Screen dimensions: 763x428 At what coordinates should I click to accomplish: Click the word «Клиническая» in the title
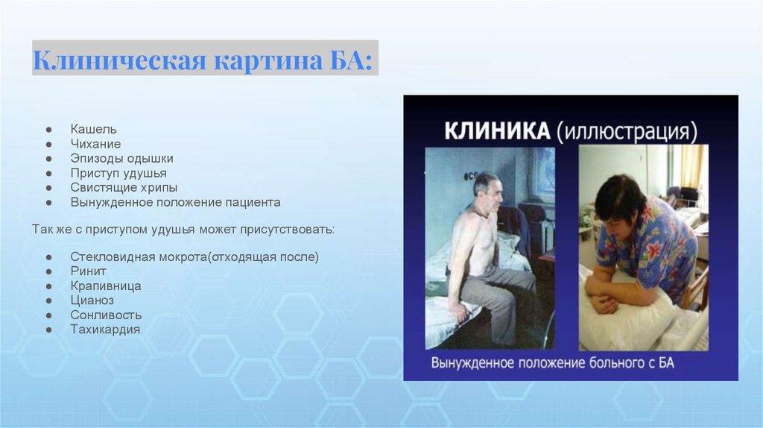tap(120, 60)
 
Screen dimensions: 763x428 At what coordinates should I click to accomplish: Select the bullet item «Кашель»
tap(93, 129)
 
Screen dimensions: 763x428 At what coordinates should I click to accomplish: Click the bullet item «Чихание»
tap(95, 144)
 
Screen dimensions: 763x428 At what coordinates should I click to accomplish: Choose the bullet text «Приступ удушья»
tap(118, 173)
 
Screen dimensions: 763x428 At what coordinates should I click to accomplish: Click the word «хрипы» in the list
tap(157, 187)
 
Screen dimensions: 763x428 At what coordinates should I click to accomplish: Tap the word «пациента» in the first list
tap(253, 202)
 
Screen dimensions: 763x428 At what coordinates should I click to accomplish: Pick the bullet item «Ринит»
tap(88, 271)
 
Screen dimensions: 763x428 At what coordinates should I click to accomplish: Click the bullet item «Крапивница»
tap(106, 286)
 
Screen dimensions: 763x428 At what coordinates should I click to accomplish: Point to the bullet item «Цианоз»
tap(92, 300)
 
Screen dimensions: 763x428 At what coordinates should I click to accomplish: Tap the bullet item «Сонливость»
tap(106, 315)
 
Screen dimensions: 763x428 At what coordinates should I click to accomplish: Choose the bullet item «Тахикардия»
tap(105, 330)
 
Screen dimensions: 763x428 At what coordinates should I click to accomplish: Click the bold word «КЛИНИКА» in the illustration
tap(497, 131)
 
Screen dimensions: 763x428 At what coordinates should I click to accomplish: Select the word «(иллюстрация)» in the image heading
tap(627, 132)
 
